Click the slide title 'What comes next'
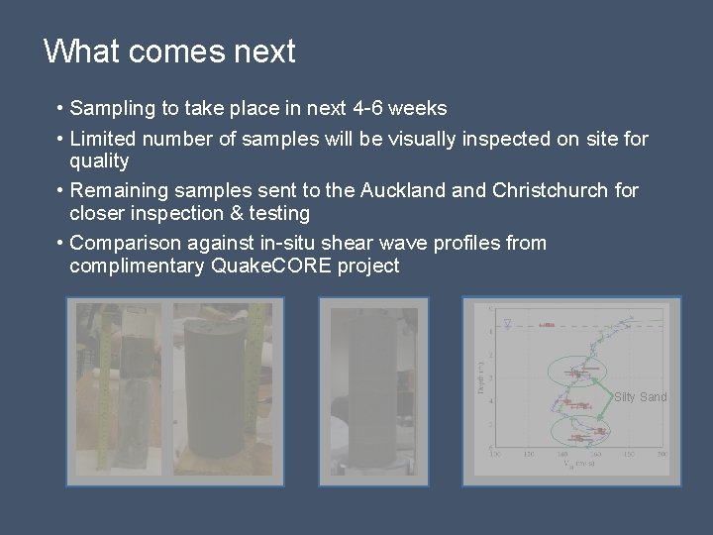coord(169,51)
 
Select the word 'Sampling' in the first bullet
coord(109,108)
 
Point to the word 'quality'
coord(99,160)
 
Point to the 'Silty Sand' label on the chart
coord(640,397)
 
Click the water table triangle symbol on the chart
coord(508,323)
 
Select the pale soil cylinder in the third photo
coord(371,391)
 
